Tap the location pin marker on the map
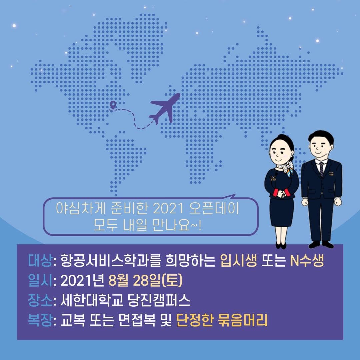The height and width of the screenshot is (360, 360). coord(113,106)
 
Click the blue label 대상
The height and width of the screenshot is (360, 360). coord(40,260)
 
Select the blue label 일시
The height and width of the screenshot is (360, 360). coord(40,280)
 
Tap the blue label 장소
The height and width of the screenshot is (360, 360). coord(40,300)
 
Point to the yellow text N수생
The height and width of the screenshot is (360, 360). coord(307,260)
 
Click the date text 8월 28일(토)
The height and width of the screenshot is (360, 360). coord(145,280)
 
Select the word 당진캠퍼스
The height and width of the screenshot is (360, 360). coord(159,300)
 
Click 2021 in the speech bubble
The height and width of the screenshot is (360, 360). coord(168,209)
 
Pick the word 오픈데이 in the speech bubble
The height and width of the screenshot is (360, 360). coord(214,209)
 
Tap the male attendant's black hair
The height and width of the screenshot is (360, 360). coord(321,137)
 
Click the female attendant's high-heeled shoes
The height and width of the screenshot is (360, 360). coord(281,246)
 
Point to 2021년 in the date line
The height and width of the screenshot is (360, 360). coord(82,280)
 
